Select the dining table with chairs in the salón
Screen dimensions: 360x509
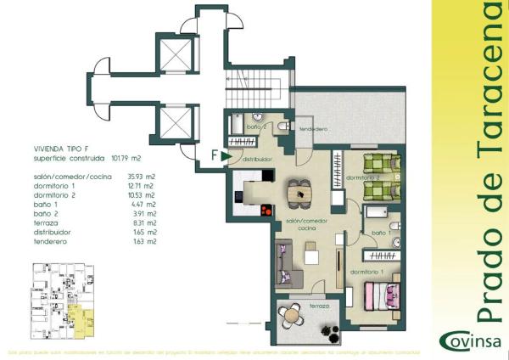click(299, 193)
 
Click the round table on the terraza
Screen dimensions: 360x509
click(293, 315)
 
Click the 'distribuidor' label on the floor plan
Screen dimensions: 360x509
click(255, 158)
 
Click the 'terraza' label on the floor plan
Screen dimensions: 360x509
click(319, 305)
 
